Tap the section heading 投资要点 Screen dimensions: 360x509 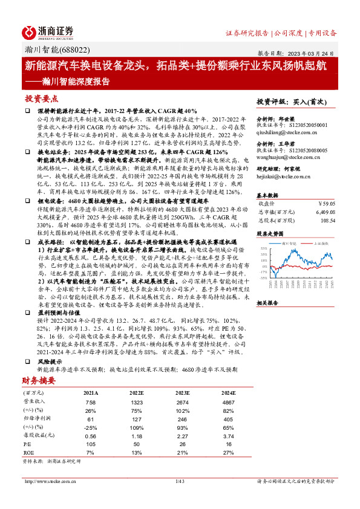coord(41,99)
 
